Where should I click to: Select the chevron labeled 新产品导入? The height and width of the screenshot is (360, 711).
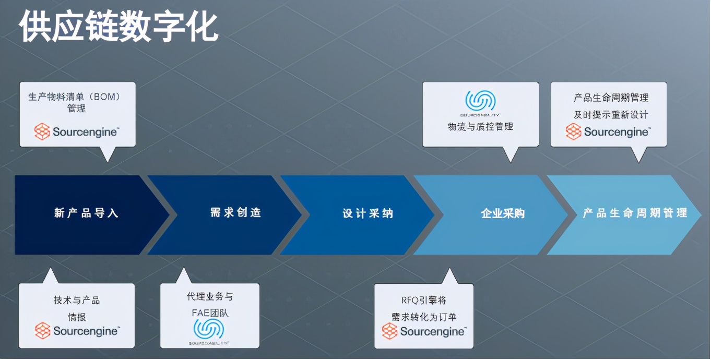(86, 213)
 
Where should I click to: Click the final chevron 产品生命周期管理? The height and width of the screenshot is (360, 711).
(635, 213)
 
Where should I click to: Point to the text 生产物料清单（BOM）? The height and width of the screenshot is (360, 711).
(75, 97)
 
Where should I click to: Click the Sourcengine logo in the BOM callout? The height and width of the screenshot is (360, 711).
(77, 131)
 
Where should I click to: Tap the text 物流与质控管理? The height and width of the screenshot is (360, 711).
(480, 127)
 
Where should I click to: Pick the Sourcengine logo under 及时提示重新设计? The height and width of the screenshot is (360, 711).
(608, 131)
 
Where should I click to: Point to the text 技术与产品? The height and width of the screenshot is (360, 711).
(76, 301)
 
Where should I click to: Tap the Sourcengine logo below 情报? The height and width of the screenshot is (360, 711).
(77, 331)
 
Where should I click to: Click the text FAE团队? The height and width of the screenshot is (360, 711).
(210, 314)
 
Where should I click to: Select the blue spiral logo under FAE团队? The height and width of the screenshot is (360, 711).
(209, 330)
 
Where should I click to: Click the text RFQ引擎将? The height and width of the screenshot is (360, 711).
(424, 300)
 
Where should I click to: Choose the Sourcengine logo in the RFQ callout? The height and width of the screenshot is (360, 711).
(424, 331)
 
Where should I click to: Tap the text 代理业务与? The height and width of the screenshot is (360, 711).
(210, 297)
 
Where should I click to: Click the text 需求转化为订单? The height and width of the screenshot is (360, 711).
(424, 316)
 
